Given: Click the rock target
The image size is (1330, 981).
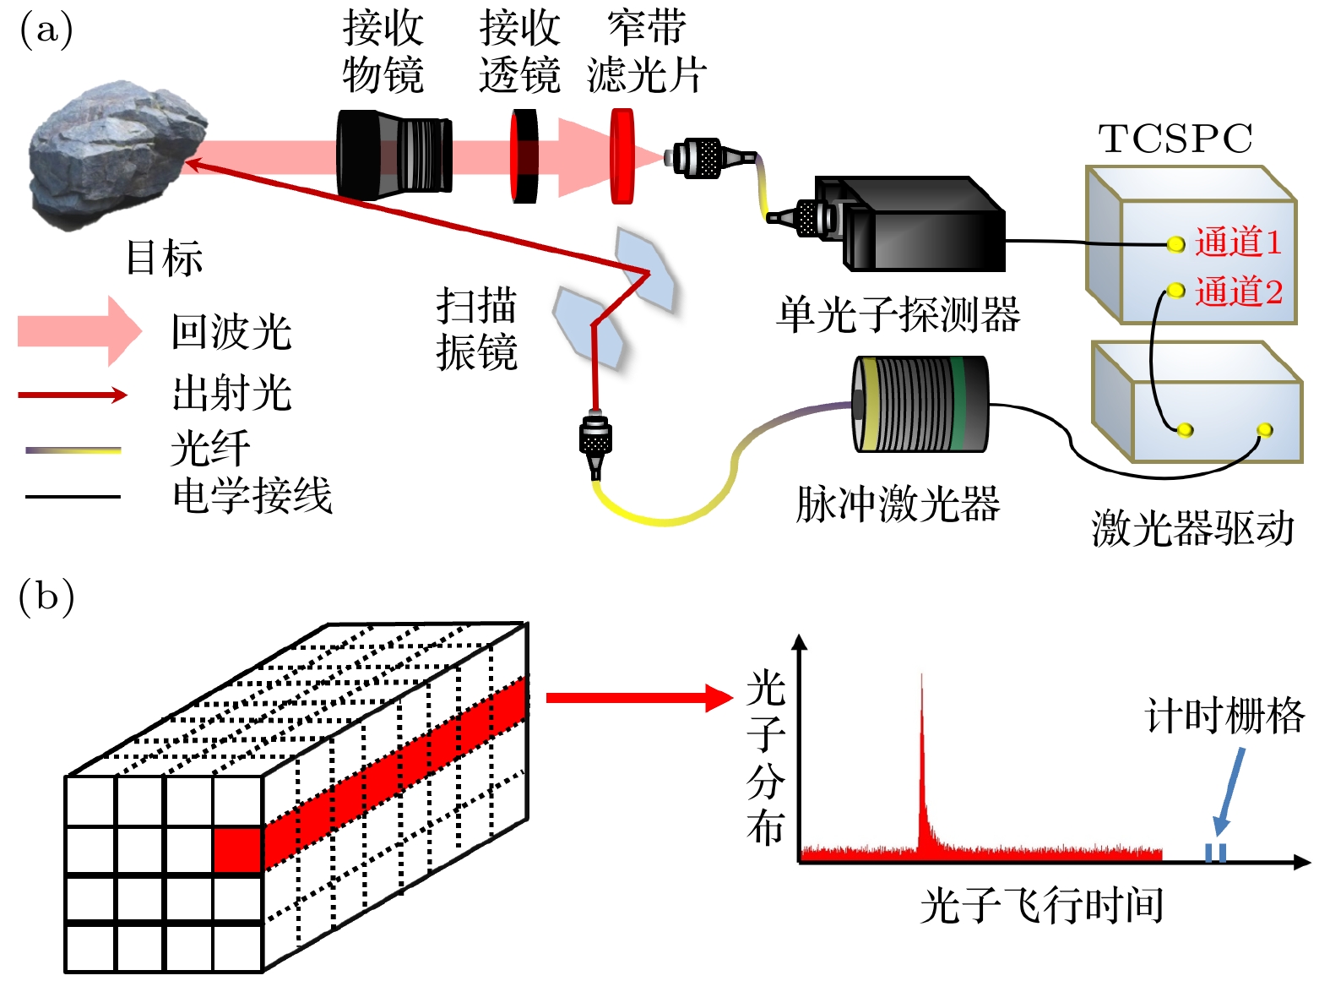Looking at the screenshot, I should [114, 152].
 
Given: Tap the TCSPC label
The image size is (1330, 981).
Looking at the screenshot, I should [1175, 139].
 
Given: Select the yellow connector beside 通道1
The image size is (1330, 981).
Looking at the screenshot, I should [1175, 245].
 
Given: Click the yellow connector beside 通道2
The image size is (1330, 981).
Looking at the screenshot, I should [1175, 292].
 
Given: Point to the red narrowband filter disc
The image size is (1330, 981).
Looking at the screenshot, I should [622, 156].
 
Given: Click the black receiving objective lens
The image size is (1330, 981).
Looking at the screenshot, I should [393, 155].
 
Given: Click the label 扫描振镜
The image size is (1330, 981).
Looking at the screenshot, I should [476, 330].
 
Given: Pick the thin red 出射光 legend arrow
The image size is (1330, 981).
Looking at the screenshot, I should [73, 395].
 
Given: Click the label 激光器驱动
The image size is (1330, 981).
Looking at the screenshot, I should [1192, 529].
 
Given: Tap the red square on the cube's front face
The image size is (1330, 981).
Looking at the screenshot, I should [237, 849].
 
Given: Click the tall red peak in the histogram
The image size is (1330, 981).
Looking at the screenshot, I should [921, 760].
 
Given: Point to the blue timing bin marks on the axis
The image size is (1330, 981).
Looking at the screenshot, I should [1215, 852].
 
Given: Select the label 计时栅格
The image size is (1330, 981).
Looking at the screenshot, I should [1224, 717].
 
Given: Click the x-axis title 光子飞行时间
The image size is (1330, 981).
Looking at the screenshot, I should [1041, 907].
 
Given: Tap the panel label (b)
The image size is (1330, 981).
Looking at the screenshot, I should [46, 597].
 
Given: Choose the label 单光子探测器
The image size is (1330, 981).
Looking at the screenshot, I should [898, 315].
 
